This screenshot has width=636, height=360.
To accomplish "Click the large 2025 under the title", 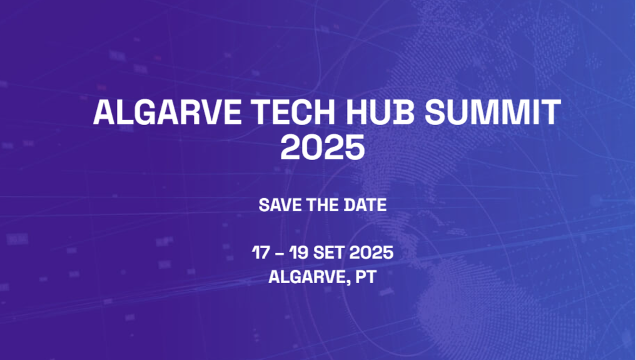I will pyautogui.click(x=322, y=147).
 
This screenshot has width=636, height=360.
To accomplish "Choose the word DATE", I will pyautogui.click(x=365, y=205).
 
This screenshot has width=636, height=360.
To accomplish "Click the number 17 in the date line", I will pyautogui.click(x=260, y=253).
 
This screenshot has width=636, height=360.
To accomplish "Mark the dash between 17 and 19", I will pyautogui.click(x=279, y=254).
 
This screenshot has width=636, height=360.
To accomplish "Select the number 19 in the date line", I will pyautogui.click(x=298, y=253).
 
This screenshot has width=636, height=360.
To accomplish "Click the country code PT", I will pyautogui.click(x=366, y=277).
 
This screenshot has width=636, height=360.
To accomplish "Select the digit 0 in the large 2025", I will pyautogui.click(x=310, y=147).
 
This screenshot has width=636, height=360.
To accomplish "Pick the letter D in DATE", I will pyautogui.click(x=350, y=205).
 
